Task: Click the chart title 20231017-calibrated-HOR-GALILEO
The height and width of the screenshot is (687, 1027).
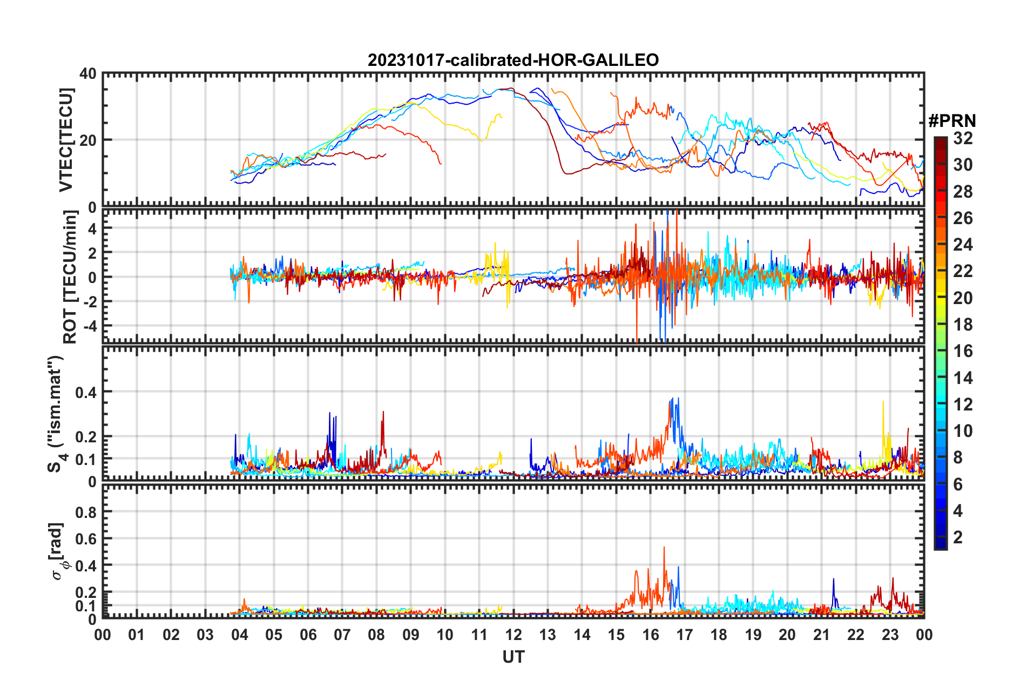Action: [513, 60]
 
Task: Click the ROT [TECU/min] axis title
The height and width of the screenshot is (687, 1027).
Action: [70, 277]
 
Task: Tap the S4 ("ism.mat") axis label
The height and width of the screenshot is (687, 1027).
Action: [56, 414]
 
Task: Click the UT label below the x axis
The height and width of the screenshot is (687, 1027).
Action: [513, 657]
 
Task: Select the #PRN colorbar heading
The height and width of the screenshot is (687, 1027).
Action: [952, 120]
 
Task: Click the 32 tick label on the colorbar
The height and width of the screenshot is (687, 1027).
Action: [963, 138]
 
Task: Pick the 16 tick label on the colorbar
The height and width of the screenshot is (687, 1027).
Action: [963, 351]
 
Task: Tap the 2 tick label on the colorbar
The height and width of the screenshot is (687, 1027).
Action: [958, 537]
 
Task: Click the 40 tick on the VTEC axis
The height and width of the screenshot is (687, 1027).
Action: [88, 73]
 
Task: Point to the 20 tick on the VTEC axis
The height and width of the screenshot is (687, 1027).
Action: [88, 140]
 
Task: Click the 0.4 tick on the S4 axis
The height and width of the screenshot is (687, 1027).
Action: [86, 392]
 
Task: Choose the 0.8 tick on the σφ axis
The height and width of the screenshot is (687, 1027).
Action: [86, 512]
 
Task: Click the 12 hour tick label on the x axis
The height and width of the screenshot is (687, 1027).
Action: [513, 635]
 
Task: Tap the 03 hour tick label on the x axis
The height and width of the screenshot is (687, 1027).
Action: [205, 635]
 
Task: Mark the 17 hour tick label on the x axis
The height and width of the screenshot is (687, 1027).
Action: [685, 635]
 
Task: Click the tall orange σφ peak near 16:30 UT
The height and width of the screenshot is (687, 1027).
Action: [664, 548]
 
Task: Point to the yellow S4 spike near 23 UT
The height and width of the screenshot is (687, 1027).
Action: [883, 403]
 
